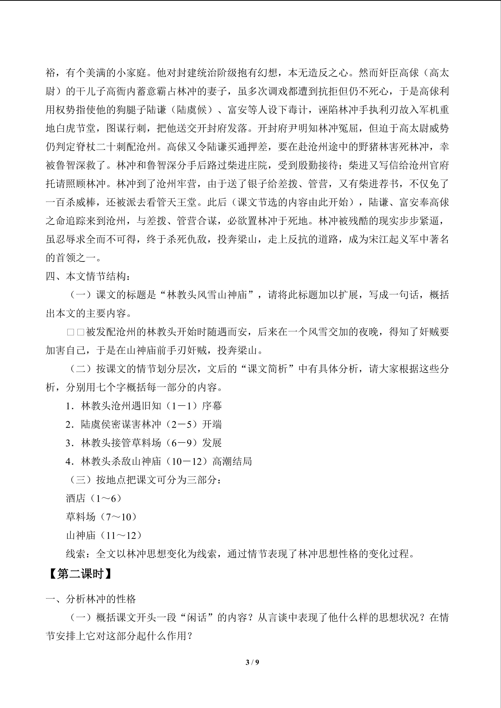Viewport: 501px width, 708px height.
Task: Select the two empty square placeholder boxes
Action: pyautogui.click(x=76, y=332)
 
